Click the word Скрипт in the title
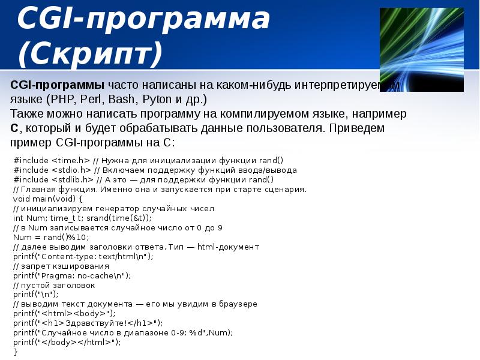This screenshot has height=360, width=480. click(90, 53)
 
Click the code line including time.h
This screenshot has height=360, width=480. click(148, 160)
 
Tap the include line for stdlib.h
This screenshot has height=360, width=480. click(143, 179)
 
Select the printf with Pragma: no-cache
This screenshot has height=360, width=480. click(71, 275)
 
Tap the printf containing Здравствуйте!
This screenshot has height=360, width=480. click(87, 323)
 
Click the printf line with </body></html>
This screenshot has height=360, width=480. click(67, 342)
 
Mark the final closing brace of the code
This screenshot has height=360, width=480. click(16, 352)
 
